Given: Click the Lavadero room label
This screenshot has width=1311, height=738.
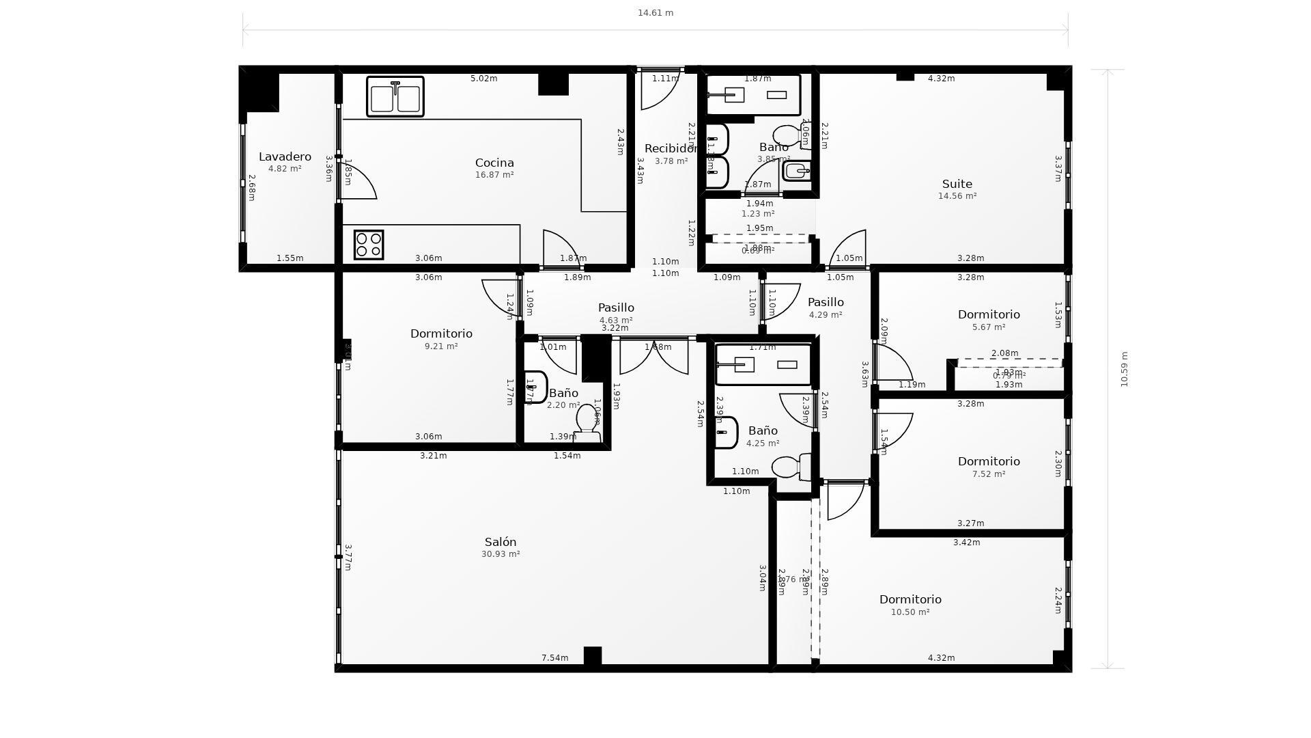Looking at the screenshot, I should (285, 157).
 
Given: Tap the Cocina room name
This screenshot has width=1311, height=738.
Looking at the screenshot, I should (494, 163).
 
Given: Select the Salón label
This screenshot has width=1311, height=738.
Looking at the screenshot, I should (501, 543).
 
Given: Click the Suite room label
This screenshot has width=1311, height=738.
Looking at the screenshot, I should (957, 184).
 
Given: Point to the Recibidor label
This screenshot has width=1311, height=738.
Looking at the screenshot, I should (670, 149).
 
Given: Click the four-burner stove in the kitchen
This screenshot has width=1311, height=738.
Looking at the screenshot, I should (369, 245).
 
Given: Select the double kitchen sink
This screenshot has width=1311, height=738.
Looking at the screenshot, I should (395, 97).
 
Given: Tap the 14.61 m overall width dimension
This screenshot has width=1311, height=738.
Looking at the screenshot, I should (655, 13).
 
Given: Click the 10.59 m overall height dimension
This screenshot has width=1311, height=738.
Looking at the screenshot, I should (1124, 369).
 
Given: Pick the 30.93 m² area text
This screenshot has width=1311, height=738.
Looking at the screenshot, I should (501, 554).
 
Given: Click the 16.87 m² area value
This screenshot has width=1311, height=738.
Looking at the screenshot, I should (494, 175).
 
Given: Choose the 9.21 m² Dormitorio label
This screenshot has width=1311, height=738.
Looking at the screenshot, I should (441, 334).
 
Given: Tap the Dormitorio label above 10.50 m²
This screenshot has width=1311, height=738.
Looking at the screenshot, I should (910, 600).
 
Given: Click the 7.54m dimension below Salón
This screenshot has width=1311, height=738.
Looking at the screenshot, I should (554, 658).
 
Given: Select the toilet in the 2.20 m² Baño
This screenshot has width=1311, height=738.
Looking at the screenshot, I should (587, 424).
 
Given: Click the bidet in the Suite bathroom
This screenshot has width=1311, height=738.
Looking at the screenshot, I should (797, 170).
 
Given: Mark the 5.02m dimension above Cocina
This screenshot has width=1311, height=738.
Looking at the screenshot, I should (483, 79).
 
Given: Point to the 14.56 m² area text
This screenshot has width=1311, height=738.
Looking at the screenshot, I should (957, 196).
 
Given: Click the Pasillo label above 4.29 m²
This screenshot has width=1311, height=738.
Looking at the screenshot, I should (826, 303).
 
